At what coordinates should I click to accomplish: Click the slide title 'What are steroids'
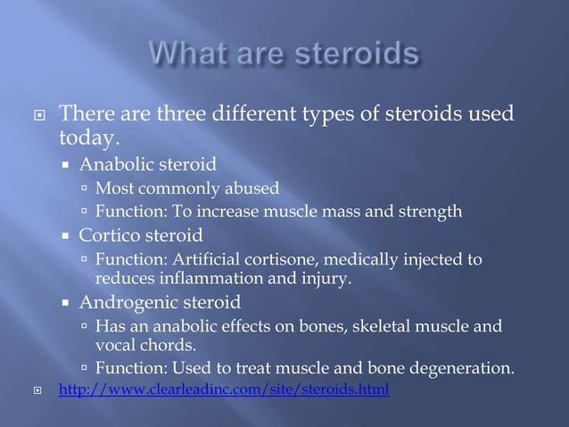(284, 54)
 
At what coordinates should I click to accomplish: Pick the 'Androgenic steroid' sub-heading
(160, 302)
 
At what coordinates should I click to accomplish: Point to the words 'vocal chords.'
(145, 344)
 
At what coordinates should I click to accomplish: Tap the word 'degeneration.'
(464, 367)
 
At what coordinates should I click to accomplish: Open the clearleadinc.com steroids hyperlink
(223, 390)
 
